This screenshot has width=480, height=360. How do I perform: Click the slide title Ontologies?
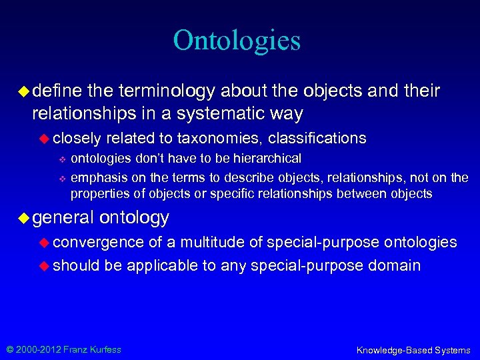coord(237,40)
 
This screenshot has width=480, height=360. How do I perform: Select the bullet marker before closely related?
coord(45,138)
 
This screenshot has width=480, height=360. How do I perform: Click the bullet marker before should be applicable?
coord(45,265)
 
